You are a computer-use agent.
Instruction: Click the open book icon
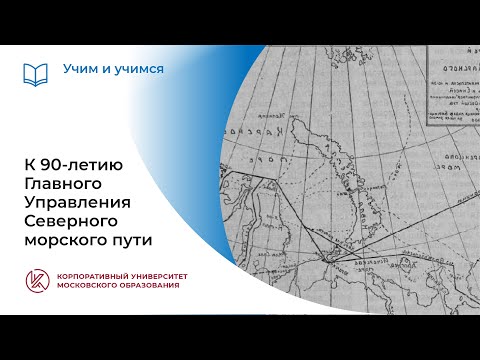pos(35,73)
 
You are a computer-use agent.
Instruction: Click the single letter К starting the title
pos(29,164)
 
